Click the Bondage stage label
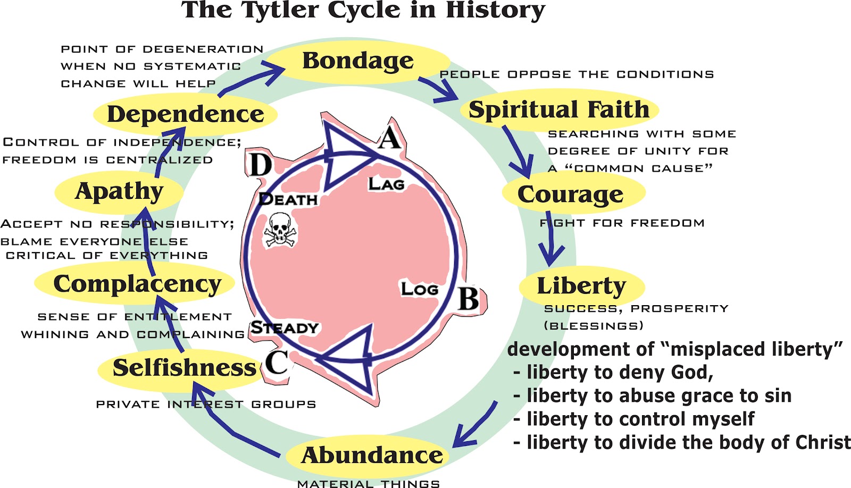[x=358, y=61]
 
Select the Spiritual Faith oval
[x=559, y=110]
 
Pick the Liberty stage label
[x=581, y=286]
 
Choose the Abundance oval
[x=372, y=455]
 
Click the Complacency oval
[x=137, y=284]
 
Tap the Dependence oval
[x=186, y=114]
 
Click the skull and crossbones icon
[x=280, y=230]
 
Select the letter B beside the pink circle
[x=469, y=299]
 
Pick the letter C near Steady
[x=277, y=363]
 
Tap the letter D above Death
[x=261, y=165]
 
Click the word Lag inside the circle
[x=387, y=184]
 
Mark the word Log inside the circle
[x=420, y=289]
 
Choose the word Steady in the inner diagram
[x=285, y=327]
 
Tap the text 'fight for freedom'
[x=622, y=223]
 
